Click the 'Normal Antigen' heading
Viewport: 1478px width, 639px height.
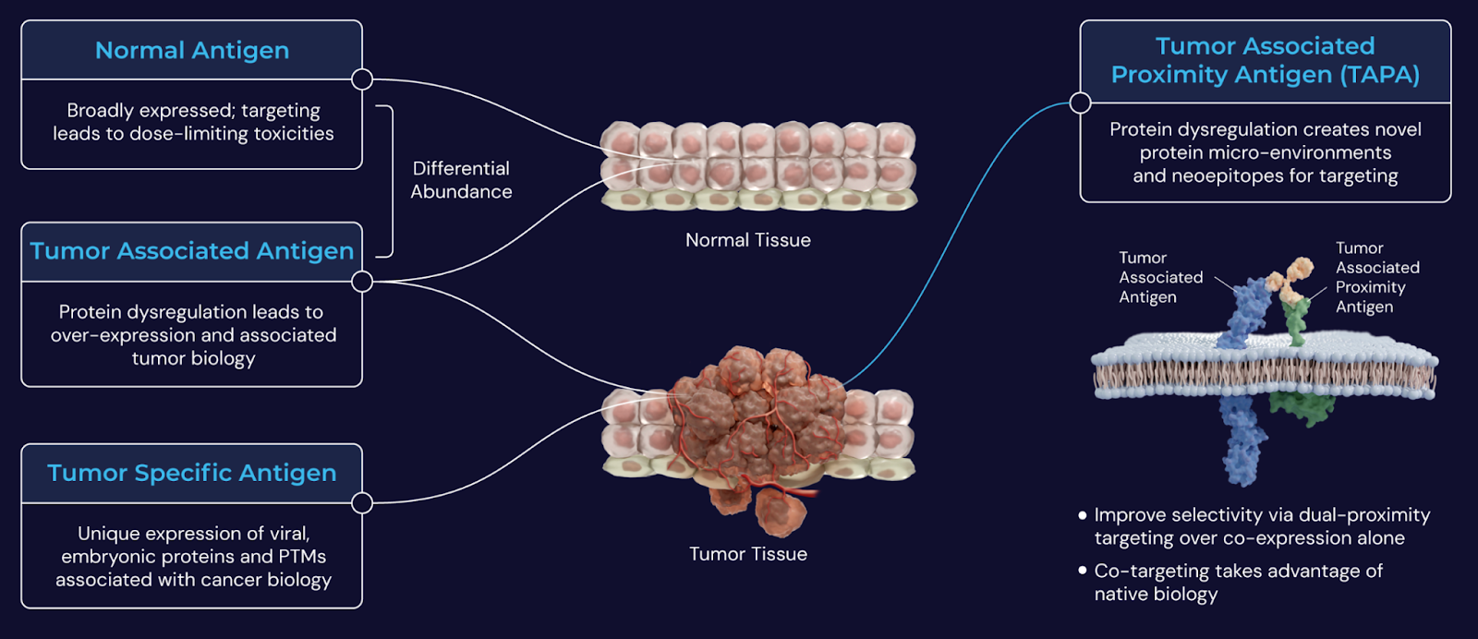point(192,51)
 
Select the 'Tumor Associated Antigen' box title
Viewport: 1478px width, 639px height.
point(192,251)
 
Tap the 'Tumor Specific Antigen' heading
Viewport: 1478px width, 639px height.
point(192,473)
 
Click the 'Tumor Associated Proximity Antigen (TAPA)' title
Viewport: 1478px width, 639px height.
point(1265,60)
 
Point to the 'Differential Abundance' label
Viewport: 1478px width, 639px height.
point(461,180)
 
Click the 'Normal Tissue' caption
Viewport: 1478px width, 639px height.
point(748,240)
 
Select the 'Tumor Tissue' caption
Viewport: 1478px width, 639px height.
point(748,554)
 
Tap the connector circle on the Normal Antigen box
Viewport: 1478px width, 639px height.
point(362,79)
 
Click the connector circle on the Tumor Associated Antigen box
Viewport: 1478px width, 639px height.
point(362,281)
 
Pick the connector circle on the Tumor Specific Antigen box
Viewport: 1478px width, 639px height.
point(362,502)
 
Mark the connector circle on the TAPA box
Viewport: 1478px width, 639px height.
point(1080,102)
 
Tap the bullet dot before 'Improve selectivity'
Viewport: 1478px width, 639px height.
point(1083,515)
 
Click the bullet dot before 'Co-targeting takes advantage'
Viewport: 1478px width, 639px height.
point(1083,571)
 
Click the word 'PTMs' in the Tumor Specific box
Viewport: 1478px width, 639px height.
point(302,557)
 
